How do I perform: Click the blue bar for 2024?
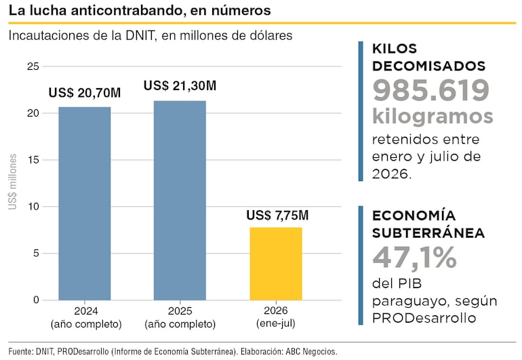coord(85,203)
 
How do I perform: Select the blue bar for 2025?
coord(180,201)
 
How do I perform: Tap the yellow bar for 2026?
coord(276,264)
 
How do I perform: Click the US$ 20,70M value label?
coord(85,93)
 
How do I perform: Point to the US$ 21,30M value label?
coord(180,86)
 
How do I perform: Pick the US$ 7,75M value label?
coord(277,216)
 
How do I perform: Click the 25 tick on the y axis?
coord(33,66)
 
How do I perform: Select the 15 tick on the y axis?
coord(33,160)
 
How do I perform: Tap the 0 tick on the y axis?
coord(36,300)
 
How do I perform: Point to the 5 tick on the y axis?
coord(36,254)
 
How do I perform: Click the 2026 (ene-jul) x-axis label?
coord(276,317)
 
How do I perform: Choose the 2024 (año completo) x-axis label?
coord(86,317)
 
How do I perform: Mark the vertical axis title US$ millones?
coord(13,182)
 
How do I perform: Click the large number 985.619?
coord(430,90)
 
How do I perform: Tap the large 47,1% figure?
coord(414,257)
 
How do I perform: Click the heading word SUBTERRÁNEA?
coord(428,233)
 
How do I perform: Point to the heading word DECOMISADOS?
coord(428,66)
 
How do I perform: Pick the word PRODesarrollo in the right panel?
coord(424,318)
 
